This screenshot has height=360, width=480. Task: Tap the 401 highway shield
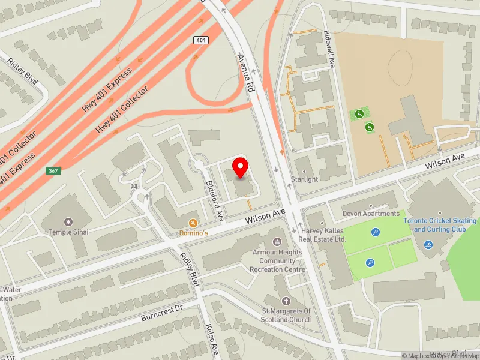(x=200, y=40)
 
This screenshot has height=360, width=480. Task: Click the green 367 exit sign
(x=53, y=171)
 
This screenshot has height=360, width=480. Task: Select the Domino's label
(x=194, y=232)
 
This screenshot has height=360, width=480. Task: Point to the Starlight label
(x=304, y=179)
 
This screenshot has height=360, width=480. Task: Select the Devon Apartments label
(x=371, y=214)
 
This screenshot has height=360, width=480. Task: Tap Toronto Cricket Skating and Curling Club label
(x=440, y=225)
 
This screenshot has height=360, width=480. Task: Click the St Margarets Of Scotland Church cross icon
(x=286, y=301)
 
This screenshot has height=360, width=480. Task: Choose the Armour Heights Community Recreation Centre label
(x=278, y=261)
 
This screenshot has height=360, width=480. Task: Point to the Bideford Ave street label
(x=214, y=200)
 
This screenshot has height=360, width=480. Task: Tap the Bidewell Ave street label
(x=328, y=49)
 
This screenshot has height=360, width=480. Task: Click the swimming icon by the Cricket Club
(x=428, y=245)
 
